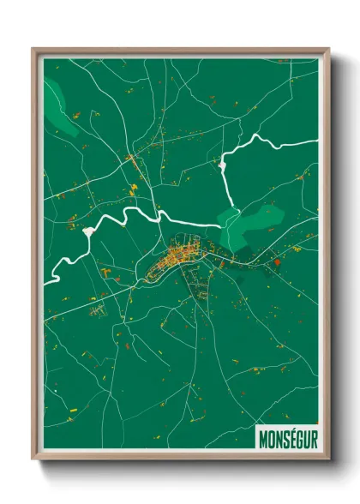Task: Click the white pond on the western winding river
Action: tap(88, 231)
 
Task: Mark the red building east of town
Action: tap(277, 263)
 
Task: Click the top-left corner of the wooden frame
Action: tap(34, 50)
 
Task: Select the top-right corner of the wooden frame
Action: tap(327, 50)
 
